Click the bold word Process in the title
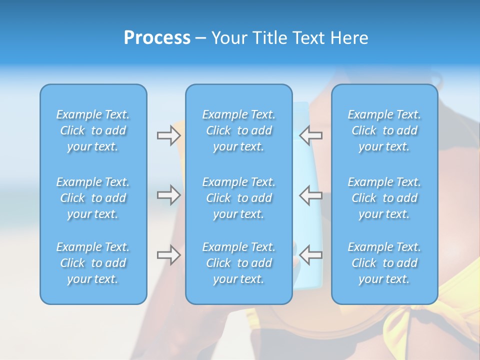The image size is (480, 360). click(157, 38)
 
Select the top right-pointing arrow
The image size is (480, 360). click(168, 135)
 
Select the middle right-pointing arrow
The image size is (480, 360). click(168, 195)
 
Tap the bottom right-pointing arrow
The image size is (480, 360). click(168, 255)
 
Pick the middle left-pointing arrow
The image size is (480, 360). click(311, 195)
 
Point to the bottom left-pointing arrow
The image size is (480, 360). click(311, 255)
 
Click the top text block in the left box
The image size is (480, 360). click(93, 130)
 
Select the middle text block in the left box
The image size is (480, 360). click(93, 198)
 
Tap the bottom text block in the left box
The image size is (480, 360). click(93, 263)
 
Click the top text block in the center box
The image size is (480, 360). click(238, 130)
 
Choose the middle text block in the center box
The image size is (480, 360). click(238, 198)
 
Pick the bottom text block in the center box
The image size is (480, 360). click(238, 263)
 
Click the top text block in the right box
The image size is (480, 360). click(384, 130)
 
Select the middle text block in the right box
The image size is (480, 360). click(384, 198)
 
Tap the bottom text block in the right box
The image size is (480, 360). click(384, 263)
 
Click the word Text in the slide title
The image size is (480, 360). click(309, 38)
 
